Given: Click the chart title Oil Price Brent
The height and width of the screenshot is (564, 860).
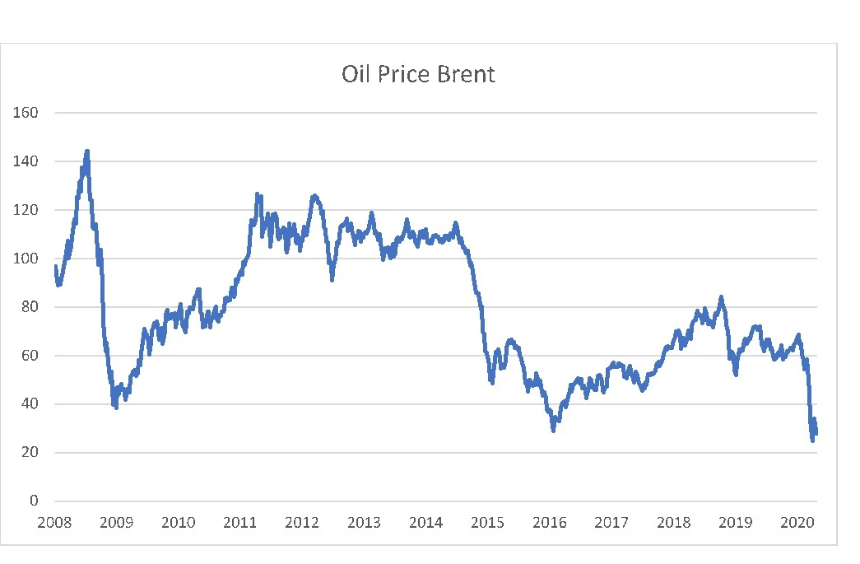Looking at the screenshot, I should pyautogui.click(x=418, y=75).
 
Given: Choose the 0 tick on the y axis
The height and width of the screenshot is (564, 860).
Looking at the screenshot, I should pyautogui.click(x=34, y=501).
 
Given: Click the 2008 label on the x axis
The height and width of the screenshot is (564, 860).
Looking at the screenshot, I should pyautogui.click(x=55, y=523).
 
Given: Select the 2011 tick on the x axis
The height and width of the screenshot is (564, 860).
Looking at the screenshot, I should pyautogui.click(x=240, y=523).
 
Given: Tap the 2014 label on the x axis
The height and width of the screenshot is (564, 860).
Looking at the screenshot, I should pyautogui.click(x=425, y=523).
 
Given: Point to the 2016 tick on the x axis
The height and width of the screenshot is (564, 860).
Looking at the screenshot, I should pyautogui.click(x=550, y=523).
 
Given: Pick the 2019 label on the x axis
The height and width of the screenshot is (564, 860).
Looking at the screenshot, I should pyautogui.click(x=735, y=523).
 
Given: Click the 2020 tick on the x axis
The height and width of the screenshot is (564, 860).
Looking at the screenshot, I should pyautogui.click(x=797, y=523).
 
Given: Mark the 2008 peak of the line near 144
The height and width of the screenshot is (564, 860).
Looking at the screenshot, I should pyautogui.click(x=87, y=151).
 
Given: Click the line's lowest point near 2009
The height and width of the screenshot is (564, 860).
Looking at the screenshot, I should pyautogui.click(x=116, y=407).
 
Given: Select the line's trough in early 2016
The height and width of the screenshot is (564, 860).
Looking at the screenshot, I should pyautogui.click(x=553, y=430).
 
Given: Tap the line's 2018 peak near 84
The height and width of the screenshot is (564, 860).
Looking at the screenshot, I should pyautogui.click(x=721, y=297).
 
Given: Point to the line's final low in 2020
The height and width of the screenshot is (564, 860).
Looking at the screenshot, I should pyautogui.click(x=812, y=440).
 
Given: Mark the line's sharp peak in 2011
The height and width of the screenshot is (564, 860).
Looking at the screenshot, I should pyautogui.click(x=257, y=194).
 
